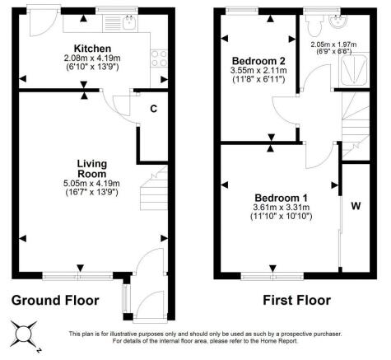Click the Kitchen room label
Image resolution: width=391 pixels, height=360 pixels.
coord(86,48)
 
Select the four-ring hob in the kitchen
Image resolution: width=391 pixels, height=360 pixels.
coord(156,58)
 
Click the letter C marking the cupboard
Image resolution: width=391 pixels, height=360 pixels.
coord(153,108)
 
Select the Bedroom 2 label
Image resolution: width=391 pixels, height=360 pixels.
coord(258,61)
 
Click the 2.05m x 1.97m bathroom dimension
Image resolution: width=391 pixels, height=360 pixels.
coord(333,44)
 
